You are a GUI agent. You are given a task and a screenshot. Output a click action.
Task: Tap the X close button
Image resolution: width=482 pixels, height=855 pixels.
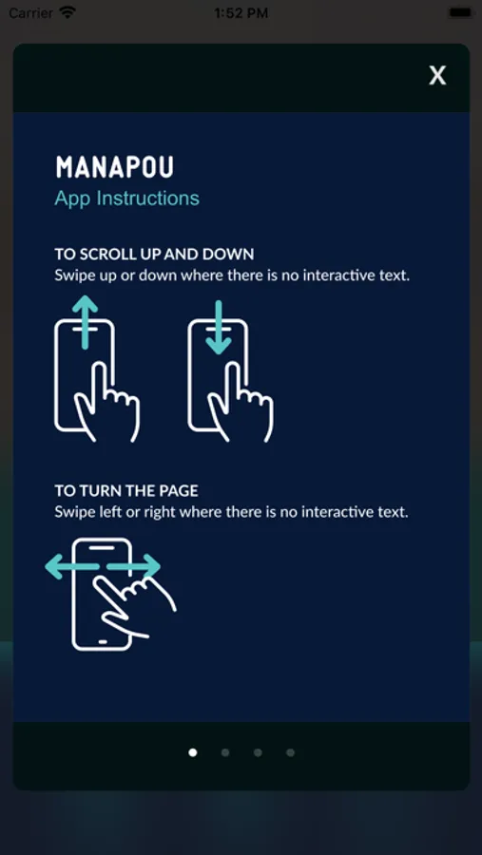pyautogui.click(x=437, y=75)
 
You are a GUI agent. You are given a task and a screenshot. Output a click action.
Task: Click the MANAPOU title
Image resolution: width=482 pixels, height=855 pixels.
pyautogui.click(x=114, y=167)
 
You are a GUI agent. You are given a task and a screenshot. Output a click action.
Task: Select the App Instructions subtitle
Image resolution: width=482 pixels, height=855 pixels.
pyautogui.click(x=126, y=198)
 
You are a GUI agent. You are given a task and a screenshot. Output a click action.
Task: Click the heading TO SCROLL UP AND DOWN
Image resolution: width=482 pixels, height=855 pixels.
pyautogui.click(x=154, y=254)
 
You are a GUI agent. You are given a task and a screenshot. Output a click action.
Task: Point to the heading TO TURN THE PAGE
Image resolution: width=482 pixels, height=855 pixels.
pyautogui.click(x=126, y=491)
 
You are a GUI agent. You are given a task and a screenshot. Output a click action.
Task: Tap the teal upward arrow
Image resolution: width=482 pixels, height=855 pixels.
pyautogui.click(x=85, y=322)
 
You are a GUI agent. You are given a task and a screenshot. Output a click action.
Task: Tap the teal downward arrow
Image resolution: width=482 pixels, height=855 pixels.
pyautogui.click(x=219, y=327)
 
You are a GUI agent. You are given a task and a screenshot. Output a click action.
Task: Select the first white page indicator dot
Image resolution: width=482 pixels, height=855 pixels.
pyautogui.click(x=193, y=752)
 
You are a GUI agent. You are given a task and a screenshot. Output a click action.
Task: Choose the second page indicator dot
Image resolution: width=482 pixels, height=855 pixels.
pyautogui.click(x=225, y=752)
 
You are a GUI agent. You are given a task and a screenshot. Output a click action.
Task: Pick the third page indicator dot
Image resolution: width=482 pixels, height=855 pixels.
pyautogui.click(x=258, y=752)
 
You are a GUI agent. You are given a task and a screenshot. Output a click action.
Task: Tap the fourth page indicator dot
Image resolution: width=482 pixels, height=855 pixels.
pyautogui.click(x=290, y=752)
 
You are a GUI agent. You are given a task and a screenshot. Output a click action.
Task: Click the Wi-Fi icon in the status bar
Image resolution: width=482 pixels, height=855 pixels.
pyautogui.click(x=67, y=12)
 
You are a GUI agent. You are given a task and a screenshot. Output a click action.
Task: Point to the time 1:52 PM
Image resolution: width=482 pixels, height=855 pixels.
pyautogui.click(x=241, y=13)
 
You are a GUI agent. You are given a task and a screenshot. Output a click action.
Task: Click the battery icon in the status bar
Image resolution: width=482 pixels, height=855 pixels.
pyautogui.click(x=461, y=12)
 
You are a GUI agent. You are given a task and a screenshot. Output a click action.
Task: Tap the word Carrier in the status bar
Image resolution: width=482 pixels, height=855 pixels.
pyautogui.click(x=31, y=13)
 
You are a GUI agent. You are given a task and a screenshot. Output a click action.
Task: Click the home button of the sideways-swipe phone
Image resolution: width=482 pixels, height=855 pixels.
pyautogui.click(x=102, y=641)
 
